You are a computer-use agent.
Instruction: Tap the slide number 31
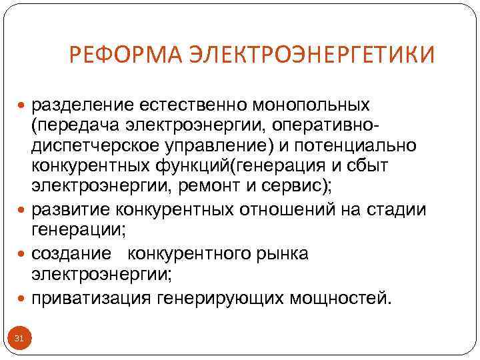click(x=19, y=339)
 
